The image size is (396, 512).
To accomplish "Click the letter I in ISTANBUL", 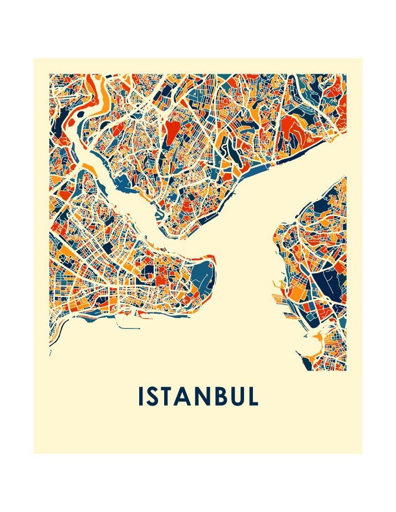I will [x=141, y=396].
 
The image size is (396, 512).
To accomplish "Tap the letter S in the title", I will [x=155, y=396].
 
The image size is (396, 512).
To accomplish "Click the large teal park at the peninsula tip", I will [x=203, y=277].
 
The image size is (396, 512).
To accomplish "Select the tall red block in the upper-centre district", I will [x=172, y=133].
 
